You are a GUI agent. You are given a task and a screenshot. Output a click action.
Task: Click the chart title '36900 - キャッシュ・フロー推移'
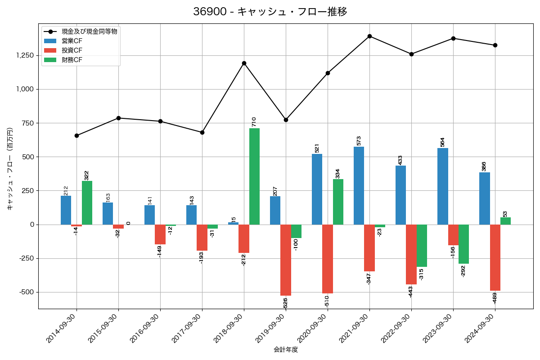click(270, 12)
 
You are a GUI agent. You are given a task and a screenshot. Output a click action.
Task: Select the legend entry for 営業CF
click(72, 41)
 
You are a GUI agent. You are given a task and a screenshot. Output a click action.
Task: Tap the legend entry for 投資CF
click(72, 50)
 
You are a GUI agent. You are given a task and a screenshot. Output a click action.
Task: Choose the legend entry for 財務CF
click(72, 60)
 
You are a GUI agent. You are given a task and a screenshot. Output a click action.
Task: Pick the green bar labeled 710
click(254, 176)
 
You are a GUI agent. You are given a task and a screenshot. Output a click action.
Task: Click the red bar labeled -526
click(286, 260)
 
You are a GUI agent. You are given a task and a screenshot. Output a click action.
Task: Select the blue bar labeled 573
click(359, 185)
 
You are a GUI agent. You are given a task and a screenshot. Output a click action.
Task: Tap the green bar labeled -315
click(422, 246)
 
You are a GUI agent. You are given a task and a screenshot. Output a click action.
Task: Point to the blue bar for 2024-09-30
click(484, 198)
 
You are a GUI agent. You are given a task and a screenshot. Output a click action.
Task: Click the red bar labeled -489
click(495, 257)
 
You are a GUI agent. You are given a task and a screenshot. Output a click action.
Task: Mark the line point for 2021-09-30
click(369, 36)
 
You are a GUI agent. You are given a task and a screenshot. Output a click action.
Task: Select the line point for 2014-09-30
click(76, 135)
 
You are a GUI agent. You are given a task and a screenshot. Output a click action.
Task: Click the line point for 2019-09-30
click(286, 120)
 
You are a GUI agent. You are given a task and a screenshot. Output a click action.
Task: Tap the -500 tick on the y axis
click(26, 292)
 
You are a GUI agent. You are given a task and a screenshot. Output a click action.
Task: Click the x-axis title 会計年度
click(286, 350)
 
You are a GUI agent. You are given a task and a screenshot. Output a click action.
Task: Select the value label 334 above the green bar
click(337, 173)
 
